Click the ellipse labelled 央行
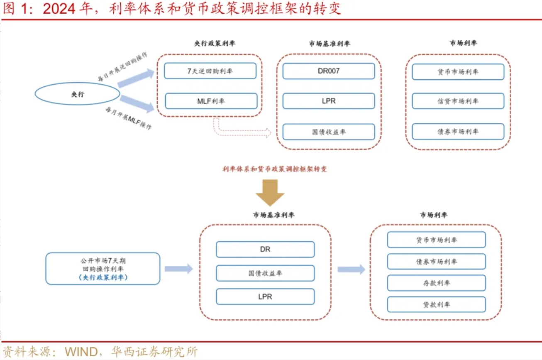click(x=77, y=94)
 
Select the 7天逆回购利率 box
click(x=210, y=71)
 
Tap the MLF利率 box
click(x=211, y=101)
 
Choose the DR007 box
click(x=328, y=71)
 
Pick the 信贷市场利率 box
click(x=458, y=101)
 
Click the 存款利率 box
click(x=436, y=283)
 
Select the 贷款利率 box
click(x=436, y=304)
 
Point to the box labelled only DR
click(x=265, y=249)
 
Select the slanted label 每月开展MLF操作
click(x=128, y=118)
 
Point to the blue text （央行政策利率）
click(x=103, y=277)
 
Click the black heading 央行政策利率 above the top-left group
click(x=215, y=43)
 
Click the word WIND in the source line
click(x=81, y=352)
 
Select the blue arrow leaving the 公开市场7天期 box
click(x=178, y=269)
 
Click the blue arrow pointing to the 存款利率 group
click(x=351, y=269)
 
